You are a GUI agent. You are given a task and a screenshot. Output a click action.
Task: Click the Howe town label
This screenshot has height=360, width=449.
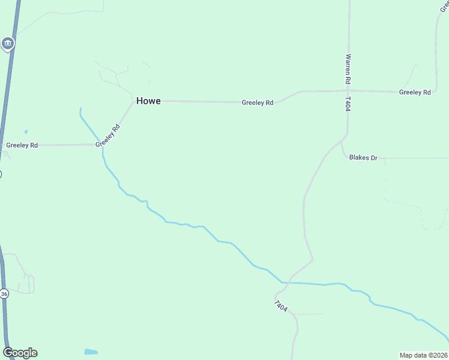click(x=148, y=101)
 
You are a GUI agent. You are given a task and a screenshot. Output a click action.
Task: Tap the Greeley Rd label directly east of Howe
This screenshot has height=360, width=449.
click(x=258, y=103)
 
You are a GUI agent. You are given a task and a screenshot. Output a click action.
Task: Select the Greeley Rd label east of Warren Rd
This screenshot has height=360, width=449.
click(x=415, y=92)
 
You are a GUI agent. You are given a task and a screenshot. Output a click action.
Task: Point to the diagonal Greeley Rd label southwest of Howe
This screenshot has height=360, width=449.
click(x=108, y=135)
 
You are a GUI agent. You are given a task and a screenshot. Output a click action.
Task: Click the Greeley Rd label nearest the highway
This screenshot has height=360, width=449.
click(x=22, y=145)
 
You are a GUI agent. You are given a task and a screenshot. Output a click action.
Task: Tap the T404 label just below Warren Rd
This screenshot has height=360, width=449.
click(x=348, y=104)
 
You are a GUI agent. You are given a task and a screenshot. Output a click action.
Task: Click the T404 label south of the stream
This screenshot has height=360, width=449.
click(x=280, y=306)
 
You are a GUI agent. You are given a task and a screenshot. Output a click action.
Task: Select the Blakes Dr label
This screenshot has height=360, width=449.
click(x=363, y=158)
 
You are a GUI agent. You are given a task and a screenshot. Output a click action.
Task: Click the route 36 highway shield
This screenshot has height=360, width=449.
click(x=4, y=294)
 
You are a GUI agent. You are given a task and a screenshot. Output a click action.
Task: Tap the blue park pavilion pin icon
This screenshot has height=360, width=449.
click(x=7, y=43)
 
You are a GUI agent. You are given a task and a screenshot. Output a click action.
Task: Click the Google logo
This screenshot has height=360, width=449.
click(x=20, y=353)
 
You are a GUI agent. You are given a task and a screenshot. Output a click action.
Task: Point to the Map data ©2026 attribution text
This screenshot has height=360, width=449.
click(x=423, y=355)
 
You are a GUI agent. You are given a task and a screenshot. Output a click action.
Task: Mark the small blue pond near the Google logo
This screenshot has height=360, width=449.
click(x=91, y=352)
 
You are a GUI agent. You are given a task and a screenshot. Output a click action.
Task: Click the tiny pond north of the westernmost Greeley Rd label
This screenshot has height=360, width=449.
click(x=26, y=131)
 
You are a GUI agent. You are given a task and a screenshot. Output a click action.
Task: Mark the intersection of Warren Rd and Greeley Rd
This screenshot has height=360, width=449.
click(x=348, y=91)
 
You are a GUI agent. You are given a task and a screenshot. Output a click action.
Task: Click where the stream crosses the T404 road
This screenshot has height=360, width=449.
click(x=284, y=282)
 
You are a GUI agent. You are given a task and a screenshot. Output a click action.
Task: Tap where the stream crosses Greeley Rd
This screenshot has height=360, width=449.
click(x=102, y=144)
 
